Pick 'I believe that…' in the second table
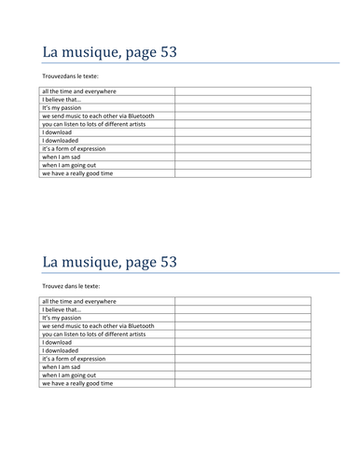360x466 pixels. [x=60, y=310]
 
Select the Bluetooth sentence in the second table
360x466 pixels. [x=97, y=326]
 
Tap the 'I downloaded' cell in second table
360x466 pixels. [x=61, y=350]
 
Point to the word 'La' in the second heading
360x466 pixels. [x=52, y=262]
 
